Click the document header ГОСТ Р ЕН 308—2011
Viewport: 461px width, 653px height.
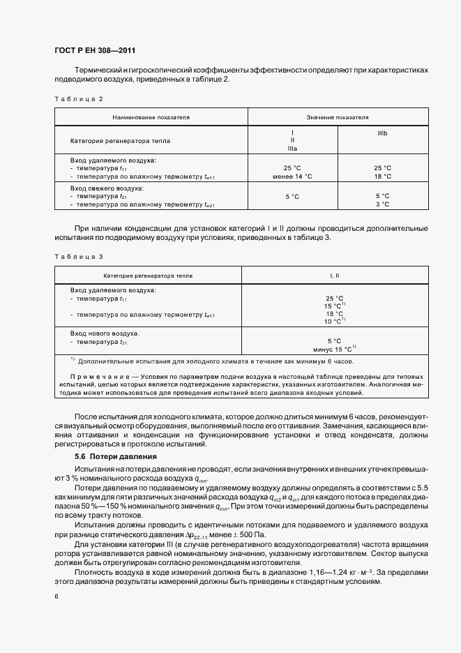(94, 50)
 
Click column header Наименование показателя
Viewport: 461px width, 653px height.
(151, 118)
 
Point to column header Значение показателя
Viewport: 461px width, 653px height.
(338, 118)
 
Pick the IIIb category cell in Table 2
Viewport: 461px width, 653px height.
(382, 133)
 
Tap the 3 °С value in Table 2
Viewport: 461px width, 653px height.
(382, 204)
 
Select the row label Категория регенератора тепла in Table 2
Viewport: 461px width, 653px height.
(120, 141)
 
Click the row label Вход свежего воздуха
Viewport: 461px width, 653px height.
(107, 188)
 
